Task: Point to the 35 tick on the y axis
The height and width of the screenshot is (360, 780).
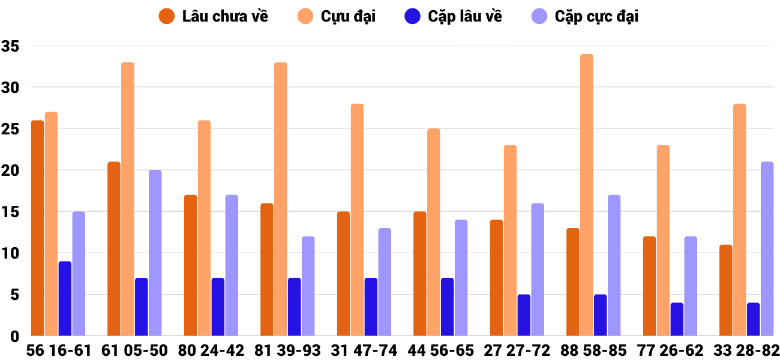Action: [x=11, y=46]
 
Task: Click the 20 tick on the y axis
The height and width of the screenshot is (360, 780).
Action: [x=11, y=171]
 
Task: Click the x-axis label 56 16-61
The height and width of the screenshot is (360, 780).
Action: [x=58, y=350]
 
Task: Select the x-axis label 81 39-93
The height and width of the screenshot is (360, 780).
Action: [x=288, y=350]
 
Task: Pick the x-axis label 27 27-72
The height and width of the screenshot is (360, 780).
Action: [x=517, y=350]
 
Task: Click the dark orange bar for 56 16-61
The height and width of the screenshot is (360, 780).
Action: [x=37, y=228]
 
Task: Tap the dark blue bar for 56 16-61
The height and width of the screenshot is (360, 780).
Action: [x=65, y=299]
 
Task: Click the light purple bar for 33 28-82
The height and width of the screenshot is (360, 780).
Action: [x=767, y=249]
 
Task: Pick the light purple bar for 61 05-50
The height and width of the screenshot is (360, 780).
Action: [x=155, y=253]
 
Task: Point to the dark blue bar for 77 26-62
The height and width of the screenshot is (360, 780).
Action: [x=677, y=319]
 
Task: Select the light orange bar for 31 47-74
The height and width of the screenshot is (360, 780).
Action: [x=357, y=220]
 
